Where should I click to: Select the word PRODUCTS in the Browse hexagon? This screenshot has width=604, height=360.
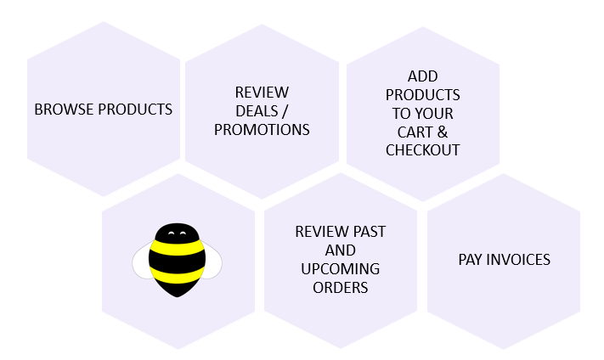[135, 110]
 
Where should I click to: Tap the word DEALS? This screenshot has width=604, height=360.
[257, 111]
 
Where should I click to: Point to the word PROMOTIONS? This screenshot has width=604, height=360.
[262, 130]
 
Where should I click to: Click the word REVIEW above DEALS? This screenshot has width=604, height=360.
[262, 93]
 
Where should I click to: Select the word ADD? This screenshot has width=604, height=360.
[422, 76]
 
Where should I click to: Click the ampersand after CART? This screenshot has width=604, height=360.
[443, 132]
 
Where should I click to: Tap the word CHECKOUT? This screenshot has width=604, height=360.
[422, 150]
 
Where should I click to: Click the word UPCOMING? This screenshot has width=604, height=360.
[340, 269]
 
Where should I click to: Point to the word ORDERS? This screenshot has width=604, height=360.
[340, 288]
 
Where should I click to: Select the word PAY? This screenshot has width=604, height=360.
[470, 260]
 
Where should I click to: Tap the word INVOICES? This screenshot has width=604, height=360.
[518, 260]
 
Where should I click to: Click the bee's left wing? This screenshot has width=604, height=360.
[141, 261]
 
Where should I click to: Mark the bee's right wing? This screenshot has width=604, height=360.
[213, 261]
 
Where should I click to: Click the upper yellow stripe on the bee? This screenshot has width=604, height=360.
[178, 248]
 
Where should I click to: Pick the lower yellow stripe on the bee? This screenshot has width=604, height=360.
[178, 274]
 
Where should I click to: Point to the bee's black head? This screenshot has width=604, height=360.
[178, 232]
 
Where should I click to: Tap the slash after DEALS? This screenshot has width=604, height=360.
[285, 111]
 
